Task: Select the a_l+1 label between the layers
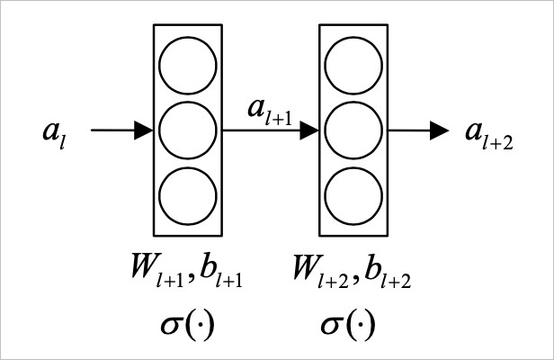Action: [270, 113]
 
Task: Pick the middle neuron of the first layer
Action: [188, 130]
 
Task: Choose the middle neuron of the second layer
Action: [353, 130]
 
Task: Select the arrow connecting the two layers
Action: [270, 130]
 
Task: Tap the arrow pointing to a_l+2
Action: [418, 130]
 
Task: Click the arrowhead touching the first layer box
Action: [143, 130]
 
